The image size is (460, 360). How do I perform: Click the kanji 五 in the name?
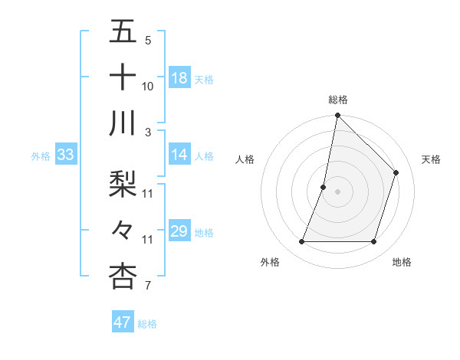pyautogui.click(x=123, y=33)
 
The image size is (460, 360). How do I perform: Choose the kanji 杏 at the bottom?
pyautogui.click(x=123, y=276)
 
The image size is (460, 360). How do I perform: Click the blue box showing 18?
pyautogui.click(x=179, y=78)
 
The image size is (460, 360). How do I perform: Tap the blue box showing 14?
pyautogui.click(x=179, y=155)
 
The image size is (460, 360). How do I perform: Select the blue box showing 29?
pyautogui.click(x=179, y=231)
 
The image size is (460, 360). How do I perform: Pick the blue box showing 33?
pyautogui.click(x=65, y=155)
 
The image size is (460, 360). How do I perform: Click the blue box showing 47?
pyautogui.click(x=123, y=322)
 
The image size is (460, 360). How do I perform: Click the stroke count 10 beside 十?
pyautogui.click(x=148, y=87)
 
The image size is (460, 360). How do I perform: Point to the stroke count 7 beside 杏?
pyautogui.click(x=147, y=286)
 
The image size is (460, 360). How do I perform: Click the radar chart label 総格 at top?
pyautogui.click(x=338, y=100)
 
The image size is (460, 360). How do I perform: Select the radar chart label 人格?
pyautogui.click(x=245, y=159)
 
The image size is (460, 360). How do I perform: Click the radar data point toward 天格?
pyautogui.click(x=396, y=172)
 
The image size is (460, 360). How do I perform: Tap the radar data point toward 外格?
pyautogui.click(x=302, y=242)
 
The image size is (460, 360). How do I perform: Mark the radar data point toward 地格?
pyautogui.click(x=374, y=242)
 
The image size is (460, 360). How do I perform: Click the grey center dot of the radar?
pyautogui.click(x=338, y=191)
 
